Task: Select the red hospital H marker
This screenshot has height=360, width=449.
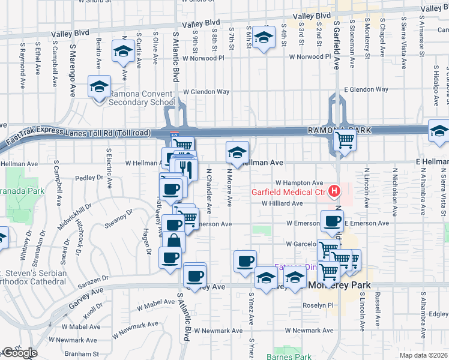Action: point(334,192)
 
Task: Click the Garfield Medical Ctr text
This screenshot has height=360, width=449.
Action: point(288,193)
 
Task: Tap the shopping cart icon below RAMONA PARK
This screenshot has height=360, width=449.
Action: point(345,140)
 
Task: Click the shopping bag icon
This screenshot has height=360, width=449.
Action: point(173,242)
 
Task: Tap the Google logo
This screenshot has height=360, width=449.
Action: point(19,353)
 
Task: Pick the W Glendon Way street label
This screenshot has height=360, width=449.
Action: point(206,92)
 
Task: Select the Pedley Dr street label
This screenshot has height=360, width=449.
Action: point(90,178)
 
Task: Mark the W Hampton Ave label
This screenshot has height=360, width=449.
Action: point(300,182)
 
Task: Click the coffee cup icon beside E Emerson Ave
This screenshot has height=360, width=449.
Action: point(332,220)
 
